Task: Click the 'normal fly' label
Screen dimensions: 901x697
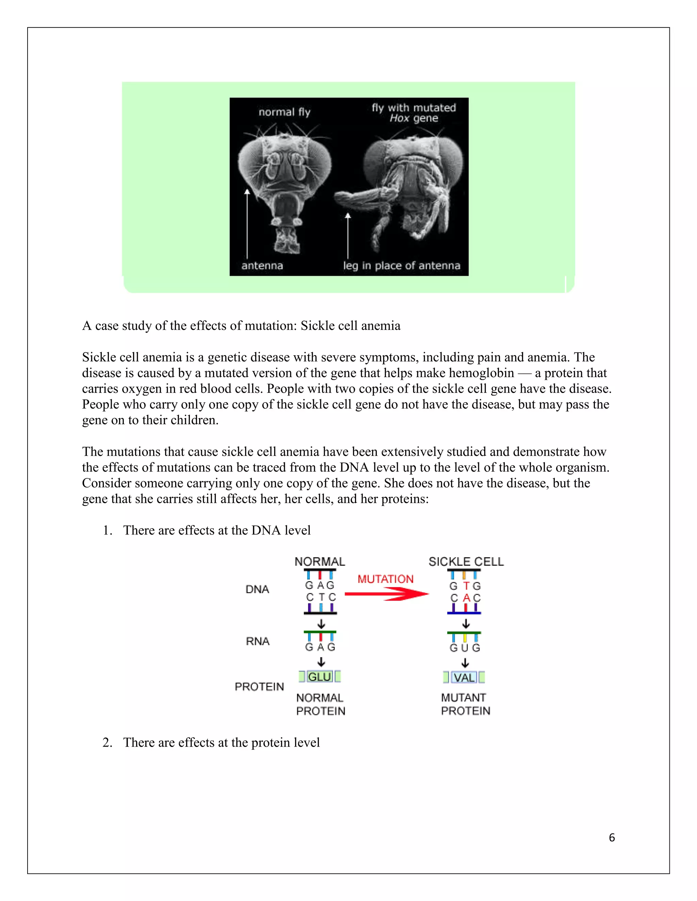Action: pyautogui.click(x=284, y=112)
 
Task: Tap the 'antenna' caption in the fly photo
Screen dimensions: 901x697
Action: pyautogui.click(x=262, y=265)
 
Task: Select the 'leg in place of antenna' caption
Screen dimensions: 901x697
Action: pyautogui.click(x=401, y=265)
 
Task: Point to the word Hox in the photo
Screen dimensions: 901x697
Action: pyautogui.click(x=399, y=118)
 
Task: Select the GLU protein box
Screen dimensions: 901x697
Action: pyautogui.click(x=320, y=677)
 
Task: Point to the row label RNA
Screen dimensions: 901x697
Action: pyautogui.click(x=258, y=641)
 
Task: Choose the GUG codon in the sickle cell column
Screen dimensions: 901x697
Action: pyautogui.click(x=465, y=648)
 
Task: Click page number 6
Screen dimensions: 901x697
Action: pyautogui.click(x=612, y=837)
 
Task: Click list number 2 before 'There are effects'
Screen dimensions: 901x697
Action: pyautogui.click(x=107, y=742)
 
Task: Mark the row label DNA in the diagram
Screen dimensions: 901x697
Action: pyautogui.click(x=257, y=589)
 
